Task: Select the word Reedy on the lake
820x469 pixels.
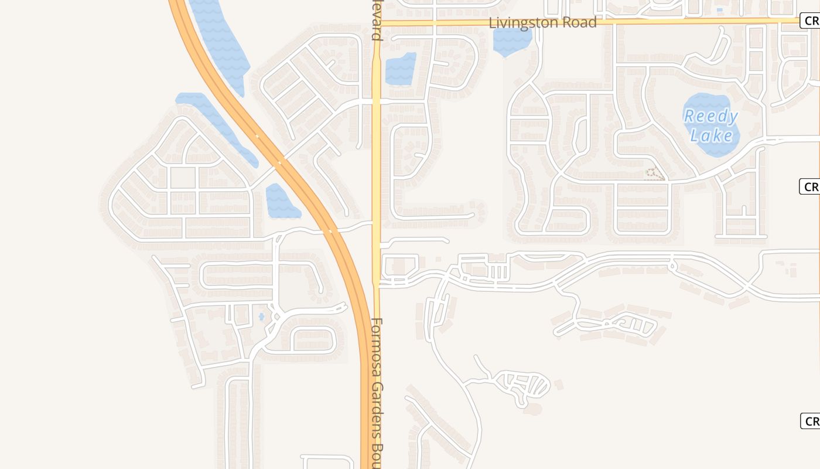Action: tap(710, 116)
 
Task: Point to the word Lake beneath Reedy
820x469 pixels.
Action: tap(711, 136)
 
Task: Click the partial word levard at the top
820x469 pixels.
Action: tap(377, 21)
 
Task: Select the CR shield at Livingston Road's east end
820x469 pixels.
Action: tap(811, 21)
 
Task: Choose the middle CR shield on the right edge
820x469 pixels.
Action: tap(811, 186)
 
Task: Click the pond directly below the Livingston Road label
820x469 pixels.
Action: tap(512, 41)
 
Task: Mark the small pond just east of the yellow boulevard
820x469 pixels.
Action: tap(400, 69)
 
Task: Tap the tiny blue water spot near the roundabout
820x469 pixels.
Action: tap(261, 317)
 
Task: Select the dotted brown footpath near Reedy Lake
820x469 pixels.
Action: tap(655, 174)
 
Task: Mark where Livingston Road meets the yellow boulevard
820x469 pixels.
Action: tap(377, 22)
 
